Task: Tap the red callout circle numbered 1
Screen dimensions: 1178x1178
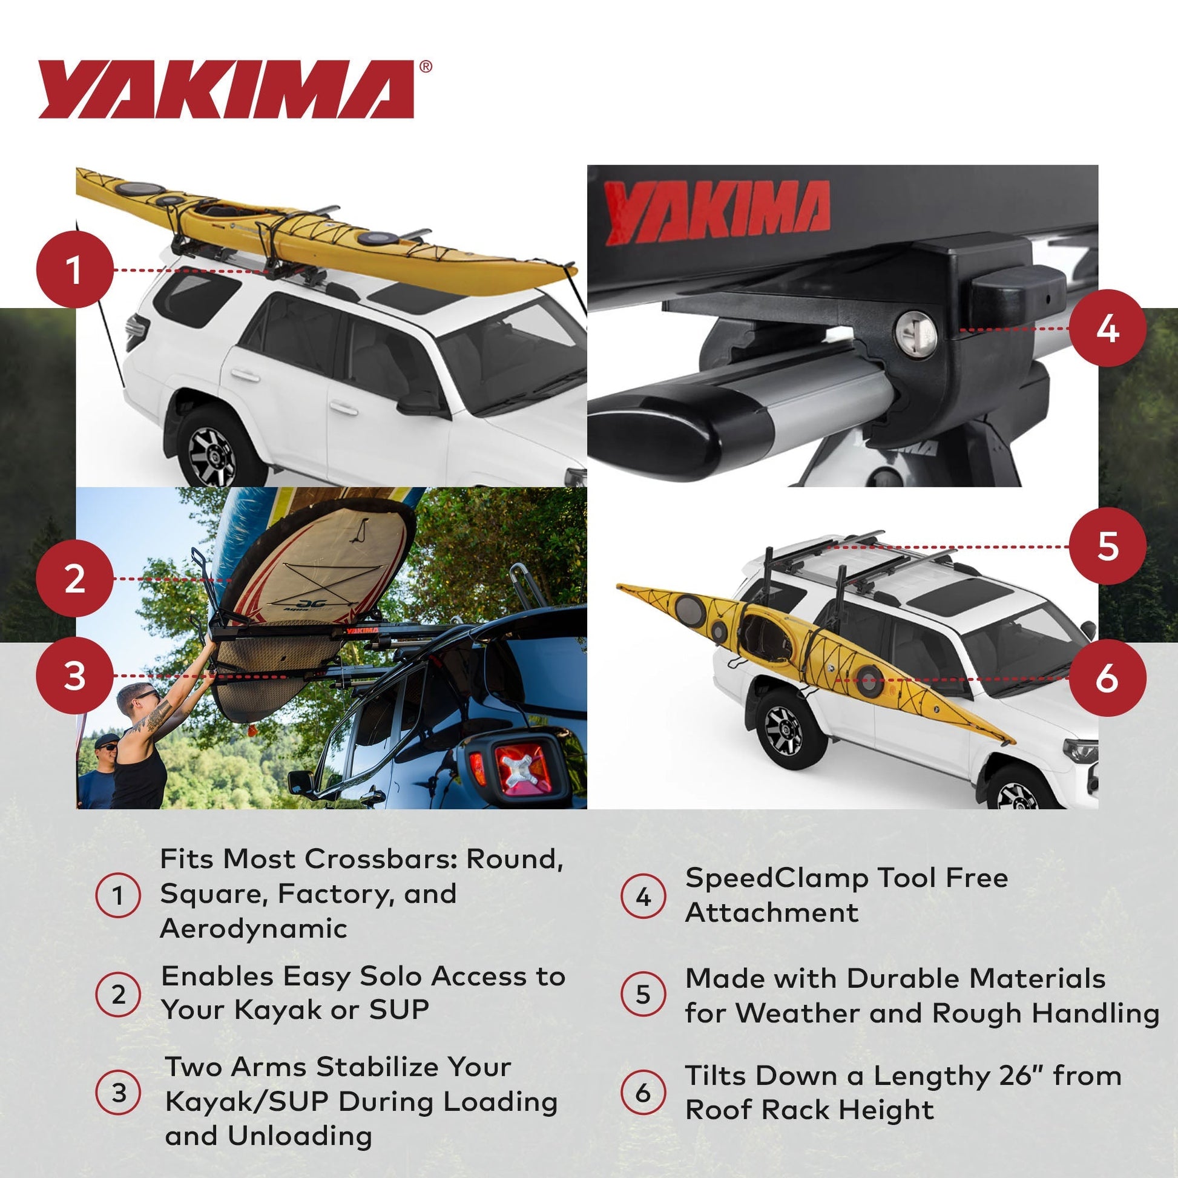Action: [74, 269]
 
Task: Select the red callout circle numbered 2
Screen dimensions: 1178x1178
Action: [74, 578]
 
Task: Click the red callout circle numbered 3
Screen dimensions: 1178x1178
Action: [74, 676]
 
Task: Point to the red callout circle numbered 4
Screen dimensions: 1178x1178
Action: [1107, 328]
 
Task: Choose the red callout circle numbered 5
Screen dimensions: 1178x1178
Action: [1107, 545]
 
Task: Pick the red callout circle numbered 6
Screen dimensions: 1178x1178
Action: [1107, 677]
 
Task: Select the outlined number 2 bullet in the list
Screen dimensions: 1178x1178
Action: [118, 995]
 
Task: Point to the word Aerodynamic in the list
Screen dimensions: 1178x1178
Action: [254, 929]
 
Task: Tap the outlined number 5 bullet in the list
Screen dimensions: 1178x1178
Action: [643, 995]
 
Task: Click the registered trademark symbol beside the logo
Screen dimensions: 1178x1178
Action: [426, 67]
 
